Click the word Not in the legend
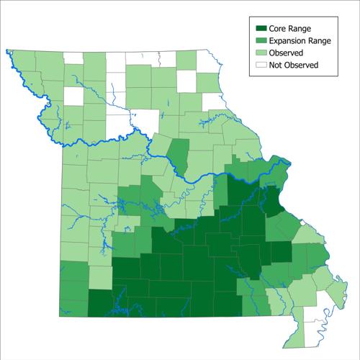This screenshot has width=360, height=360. (x=276, y=65)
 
